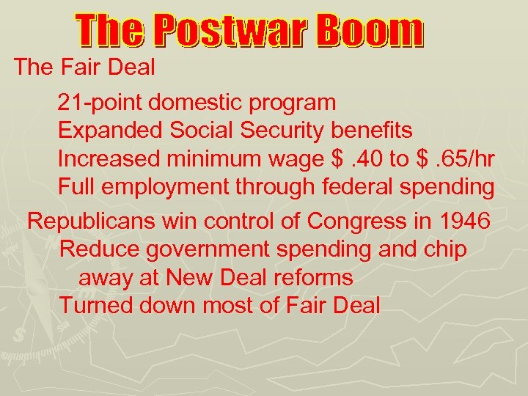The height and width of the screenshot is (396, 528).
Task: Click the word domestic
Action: pyautogui.click(x=190, y=103)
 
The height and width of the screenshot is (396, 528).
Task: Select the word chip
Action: pyautogui.click(x=443, y=249)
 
